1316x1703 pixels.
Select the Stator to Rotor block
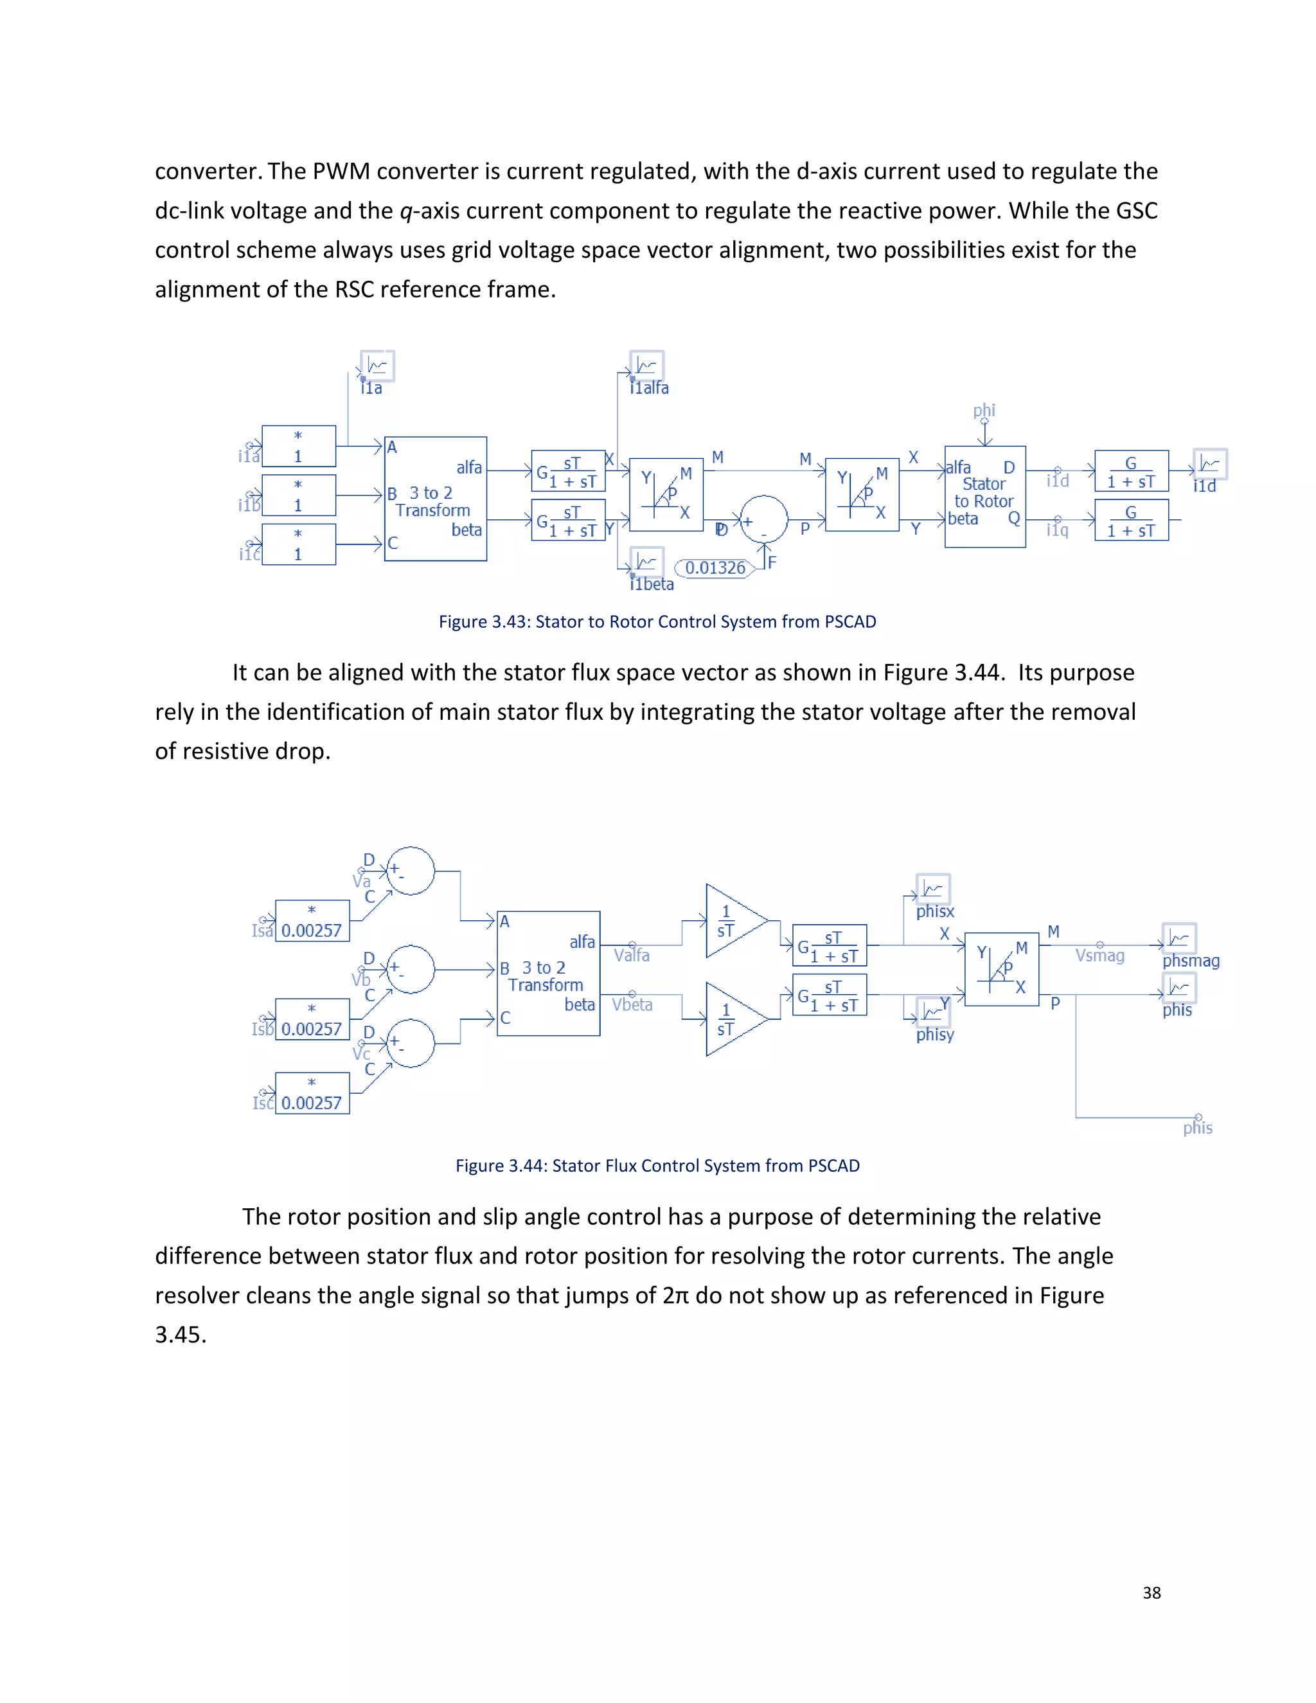coord(984,496)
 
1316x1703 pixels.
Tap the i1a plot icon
coord(377,366)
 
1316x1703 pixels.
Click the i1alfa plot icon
coord(646,365)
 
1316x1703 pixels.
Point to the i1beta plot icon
coord(646,562)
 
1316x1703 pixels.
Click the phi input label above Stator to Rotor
coord(984,410)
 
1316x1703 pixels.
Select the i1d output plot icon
coord(1209,464)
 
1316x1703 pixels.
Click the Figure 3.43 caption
coord(657,621)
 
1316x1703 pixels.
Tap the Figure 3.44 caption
coord(657,1166)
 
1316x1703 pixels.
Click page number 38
coord(1151,1593)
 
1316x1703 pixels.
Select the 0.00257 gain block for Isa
coord(312,921)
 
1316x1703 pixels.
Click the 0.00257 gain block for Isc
coord(312,1093)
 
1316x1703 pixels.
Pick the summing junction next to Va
coord(411,870)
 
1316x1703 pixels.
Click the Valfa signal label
coord(632,955)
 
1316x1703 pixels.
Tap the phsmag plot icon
coord(1178,938)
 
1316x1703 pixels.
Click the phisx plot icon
coord(932,889)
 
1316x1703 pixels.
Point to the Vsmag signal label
coord(1099,955)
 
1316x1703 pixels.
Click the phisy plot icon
coord(932,1012)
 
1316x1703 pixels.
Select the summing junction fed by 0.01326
coord(764,519)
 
